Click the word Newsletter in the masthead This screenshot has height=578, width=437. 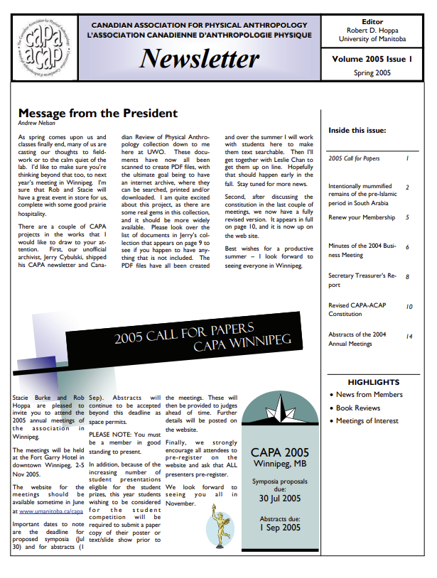point(200,58)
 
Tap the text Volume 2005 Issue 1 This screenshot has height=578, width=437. point(372,60)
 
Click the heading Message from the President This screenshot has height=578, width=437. point(97,113)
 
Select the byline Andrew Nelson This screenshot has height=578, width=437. point(37,123)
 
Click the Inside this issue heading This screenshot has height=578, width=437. point(357,131)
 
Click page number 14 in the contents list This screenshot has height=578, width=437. point(409,336)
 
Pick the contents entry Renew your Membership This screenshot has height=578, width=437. point(362,217)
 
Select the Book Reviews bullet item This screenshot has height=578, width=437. point(358,408)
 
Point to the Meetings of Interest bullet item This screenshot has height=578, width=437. point(367,421)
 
